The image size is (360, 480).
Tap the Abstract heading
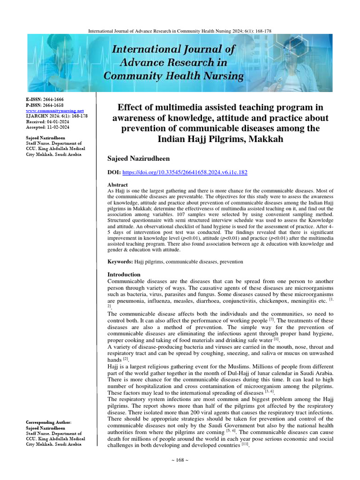pyautogui.click(x=118, y=185)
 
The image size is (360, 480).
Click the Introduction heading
pyautogui.click(x=124, y=274)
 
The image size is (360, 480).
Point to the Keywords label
pyautogui.click(x=120, y=261)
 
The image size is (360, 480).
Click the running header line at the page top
pyautogui.click(x=180, y=31)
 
